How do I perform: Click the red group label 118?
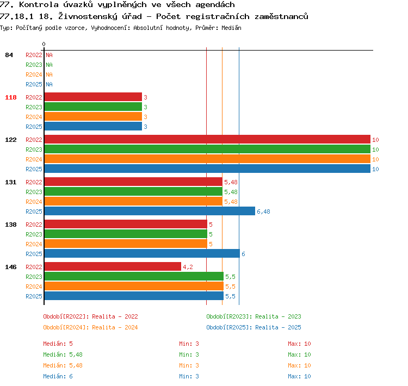pos(11,97)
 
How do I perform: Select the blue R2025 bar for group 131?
pos(150,211)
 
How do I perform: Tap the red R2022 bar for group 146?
pos(113,266)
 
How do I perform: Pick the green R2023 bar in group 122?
pos(207,149)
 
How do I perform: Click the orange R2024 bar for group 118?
pos(93,116)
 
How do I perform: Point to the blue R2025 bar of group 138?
pos(142,253)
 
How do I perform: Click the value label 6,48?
pos(263,211)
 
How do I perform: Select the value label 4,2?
pos(188,267)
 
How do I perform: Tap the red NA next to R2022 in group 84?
pos(49,55)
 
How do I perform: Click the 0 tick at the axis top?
pos(44,44)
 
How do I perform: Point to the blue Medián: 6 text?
pos(58,376)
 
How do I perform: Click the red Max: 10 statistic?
pos(299,344)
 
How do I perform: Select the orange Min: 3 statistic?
pos(189,365)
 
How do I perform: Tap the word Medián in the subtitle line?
pos(231,28)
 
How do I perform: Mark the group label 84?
pos(9,55)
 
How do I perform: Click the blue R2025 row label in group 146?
pos(34,296)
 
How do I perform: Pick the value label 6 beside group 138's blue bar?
pos(243,254)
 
